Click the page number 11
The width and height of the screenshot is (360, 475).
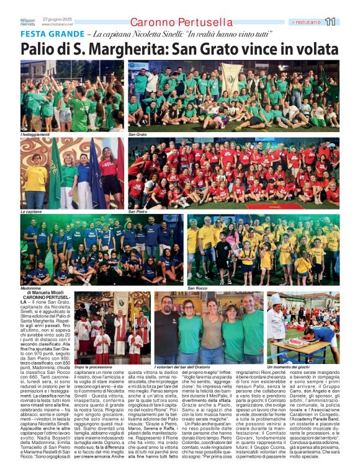point(330,22)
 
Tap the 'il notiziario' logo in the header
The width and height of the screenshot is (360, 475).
point(306,22)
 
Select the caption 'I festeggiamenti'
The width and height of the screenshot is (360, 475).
point(35,134)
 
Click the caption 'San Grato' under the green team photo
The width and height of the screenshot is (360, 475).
point(137,134)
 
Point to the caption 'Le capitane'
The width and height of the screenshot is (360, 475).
point(31,211)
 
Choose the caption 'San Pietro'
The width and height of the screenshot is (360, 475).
point(138,211)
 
